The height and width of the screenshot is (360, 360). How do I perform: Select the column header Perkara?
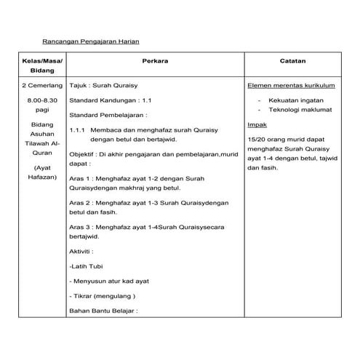click(156, 63)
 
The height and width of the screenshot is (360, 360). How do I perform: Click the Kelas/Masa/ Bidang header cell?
click(33, 69)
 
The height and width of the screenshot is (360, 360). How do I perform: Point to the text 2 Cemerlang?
click(33, 85)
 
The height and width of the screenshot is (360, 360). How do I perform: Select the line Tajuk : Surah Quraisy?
click(102, 85)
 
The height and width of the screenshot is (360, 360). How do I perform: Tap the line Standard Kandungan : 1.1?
click(111, 100)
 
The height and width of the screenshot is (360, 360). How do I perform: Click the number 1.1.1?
click(78, 129)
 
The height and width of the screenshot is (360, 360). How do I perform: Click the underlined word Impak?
click(255, 124)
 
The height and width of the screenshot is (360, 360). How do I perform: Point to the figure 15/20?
click(257, 139)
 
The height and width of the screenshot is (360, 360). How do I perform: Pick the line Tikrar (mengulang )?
click(105, 296)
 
